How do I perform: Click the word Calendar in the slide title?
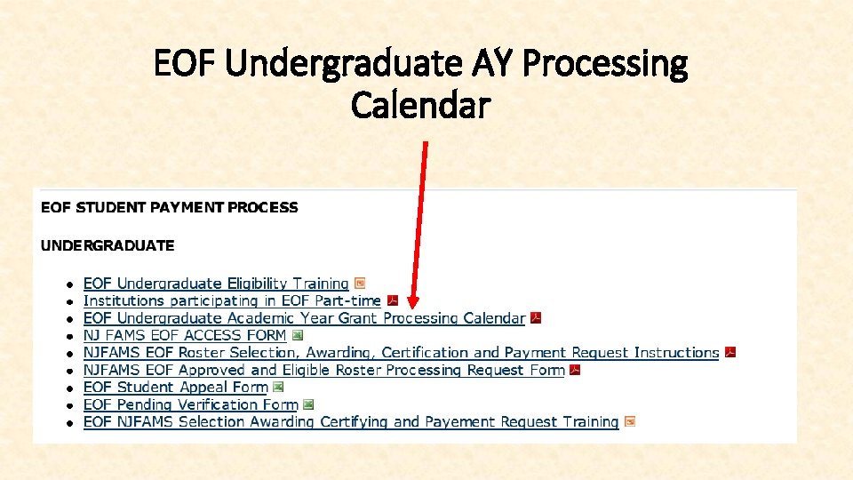tap(420, 106)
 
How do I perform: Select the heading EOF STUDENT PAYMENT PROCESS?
tap(170, 207)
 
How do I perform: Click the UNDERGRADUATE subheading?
tap(108, 244)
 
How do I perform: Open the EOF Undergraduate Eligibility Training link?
tap(216, 284)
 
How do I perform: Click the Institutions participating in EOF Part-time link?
tap(232, 300)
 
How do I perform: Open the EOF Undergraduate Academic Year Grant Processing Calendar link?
tap(304, 318)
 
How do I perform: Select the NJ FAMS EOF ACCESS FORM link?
tap(185, 335)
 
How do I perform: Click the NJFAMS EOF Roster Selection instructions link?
tap(401, 353)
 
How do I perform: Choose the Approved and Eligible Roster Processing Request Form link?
tap(324, 370)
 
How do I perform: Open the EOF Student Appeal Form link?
tap(175, 388)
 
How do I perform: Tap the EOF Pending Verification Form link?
tap(190, 404)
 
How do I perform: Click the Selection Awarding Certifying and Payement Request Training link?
tap(351, 422)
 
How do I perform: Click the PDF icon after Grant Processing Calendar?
tap(536, 318)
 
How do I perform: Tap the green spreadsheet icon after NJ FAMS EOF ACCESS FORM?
tap(298, 335)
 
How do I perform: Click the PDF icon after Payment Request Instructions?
tap(730, 353)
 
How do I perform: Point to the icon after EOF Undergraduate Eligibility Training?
tap(360, 284)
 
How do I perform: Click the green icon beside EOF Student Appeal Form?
tap(278, 388)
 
